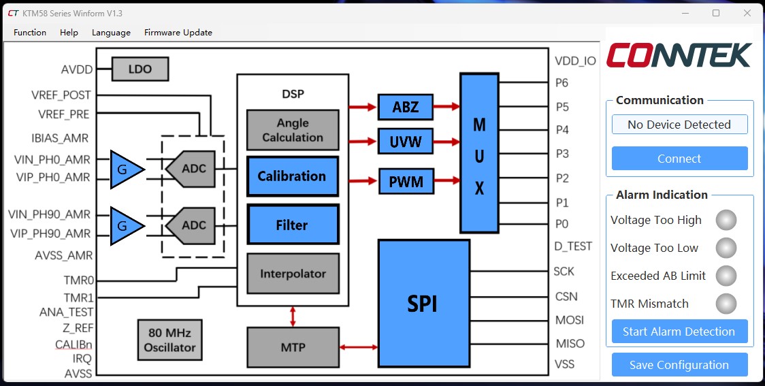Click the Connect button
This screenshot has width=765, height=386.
pos(679,159)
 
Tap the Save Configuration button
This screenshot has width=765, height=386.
pos(679,365)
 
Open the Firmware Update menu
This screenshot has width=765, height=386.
pos(178,32)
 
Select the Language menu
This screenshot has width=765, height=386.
pos(111,32)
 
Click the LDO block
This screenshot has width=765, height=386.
pos(140,69)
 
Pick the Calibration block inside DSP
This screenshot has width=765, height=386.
pos(291,176)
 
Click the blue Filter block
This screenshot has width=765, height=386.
pos(291,225)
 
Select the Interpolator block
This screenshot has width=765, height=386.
pos(292,274)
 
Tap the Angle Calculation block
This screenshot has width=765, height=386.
pos(292,130)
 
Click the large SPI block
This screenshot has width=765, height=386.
pos(423,304)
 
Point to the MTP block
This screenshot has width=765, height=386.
pos(292,347)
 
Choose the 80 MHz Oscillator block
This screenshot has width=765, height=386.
pos(169,340)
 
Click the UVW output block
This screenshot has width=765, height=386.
pos(406,142)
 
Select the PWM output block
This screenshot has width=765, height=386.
pos(406,182)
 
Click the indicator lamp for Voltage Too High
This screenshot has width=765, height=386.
pos(726,220)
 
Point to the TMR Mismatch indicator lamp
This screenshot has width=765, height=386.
pos(726,304)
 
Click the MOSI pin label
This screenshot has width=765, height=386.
pos(569,320)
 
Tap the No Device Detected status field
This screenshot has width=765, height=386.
pos(679,125)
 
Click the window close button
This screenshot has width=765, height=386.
pos(747,13)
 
